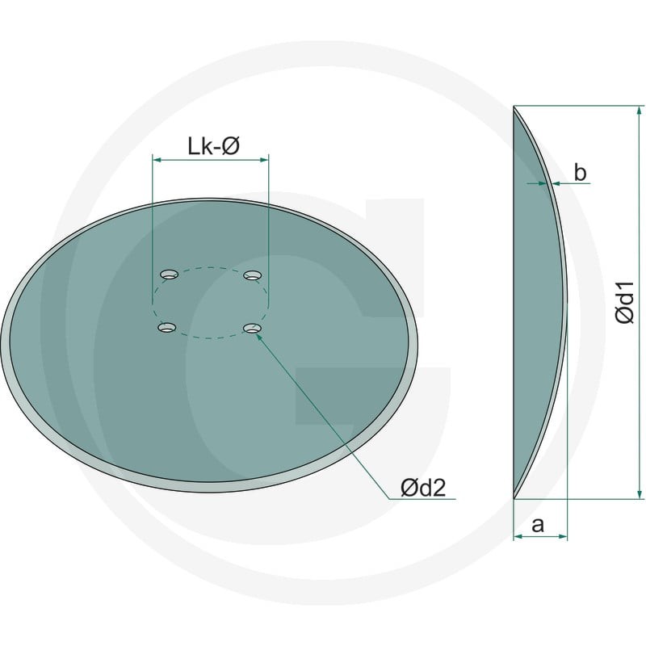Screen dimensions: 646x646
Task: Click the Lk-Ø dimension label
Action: coord(213,146)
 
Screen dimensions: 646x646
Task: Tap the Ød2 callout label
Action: coord(423,489)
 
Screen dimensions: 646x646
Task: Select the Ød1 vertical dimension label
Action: coord(624,303)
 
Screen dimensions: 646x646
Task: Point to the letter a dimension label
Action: coord(538,526)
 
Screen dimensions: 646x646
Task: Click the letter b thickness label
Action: coord(580,173)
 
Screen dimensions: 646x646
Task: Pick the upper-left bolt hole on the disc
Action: coord(169,275)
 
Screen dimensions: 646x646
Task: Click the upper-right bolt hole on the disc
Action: coord(253,275)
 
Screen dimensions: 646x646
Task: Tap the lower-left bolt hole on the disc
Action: coord(167,328)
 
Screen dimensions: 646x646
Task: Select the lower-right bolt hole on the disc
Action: coord(252,328)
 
